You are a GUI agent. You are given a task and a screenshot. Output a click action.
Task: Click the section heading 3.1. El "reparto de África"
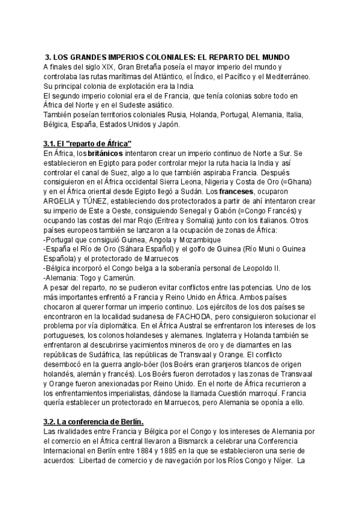click(x=88, y=144)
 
